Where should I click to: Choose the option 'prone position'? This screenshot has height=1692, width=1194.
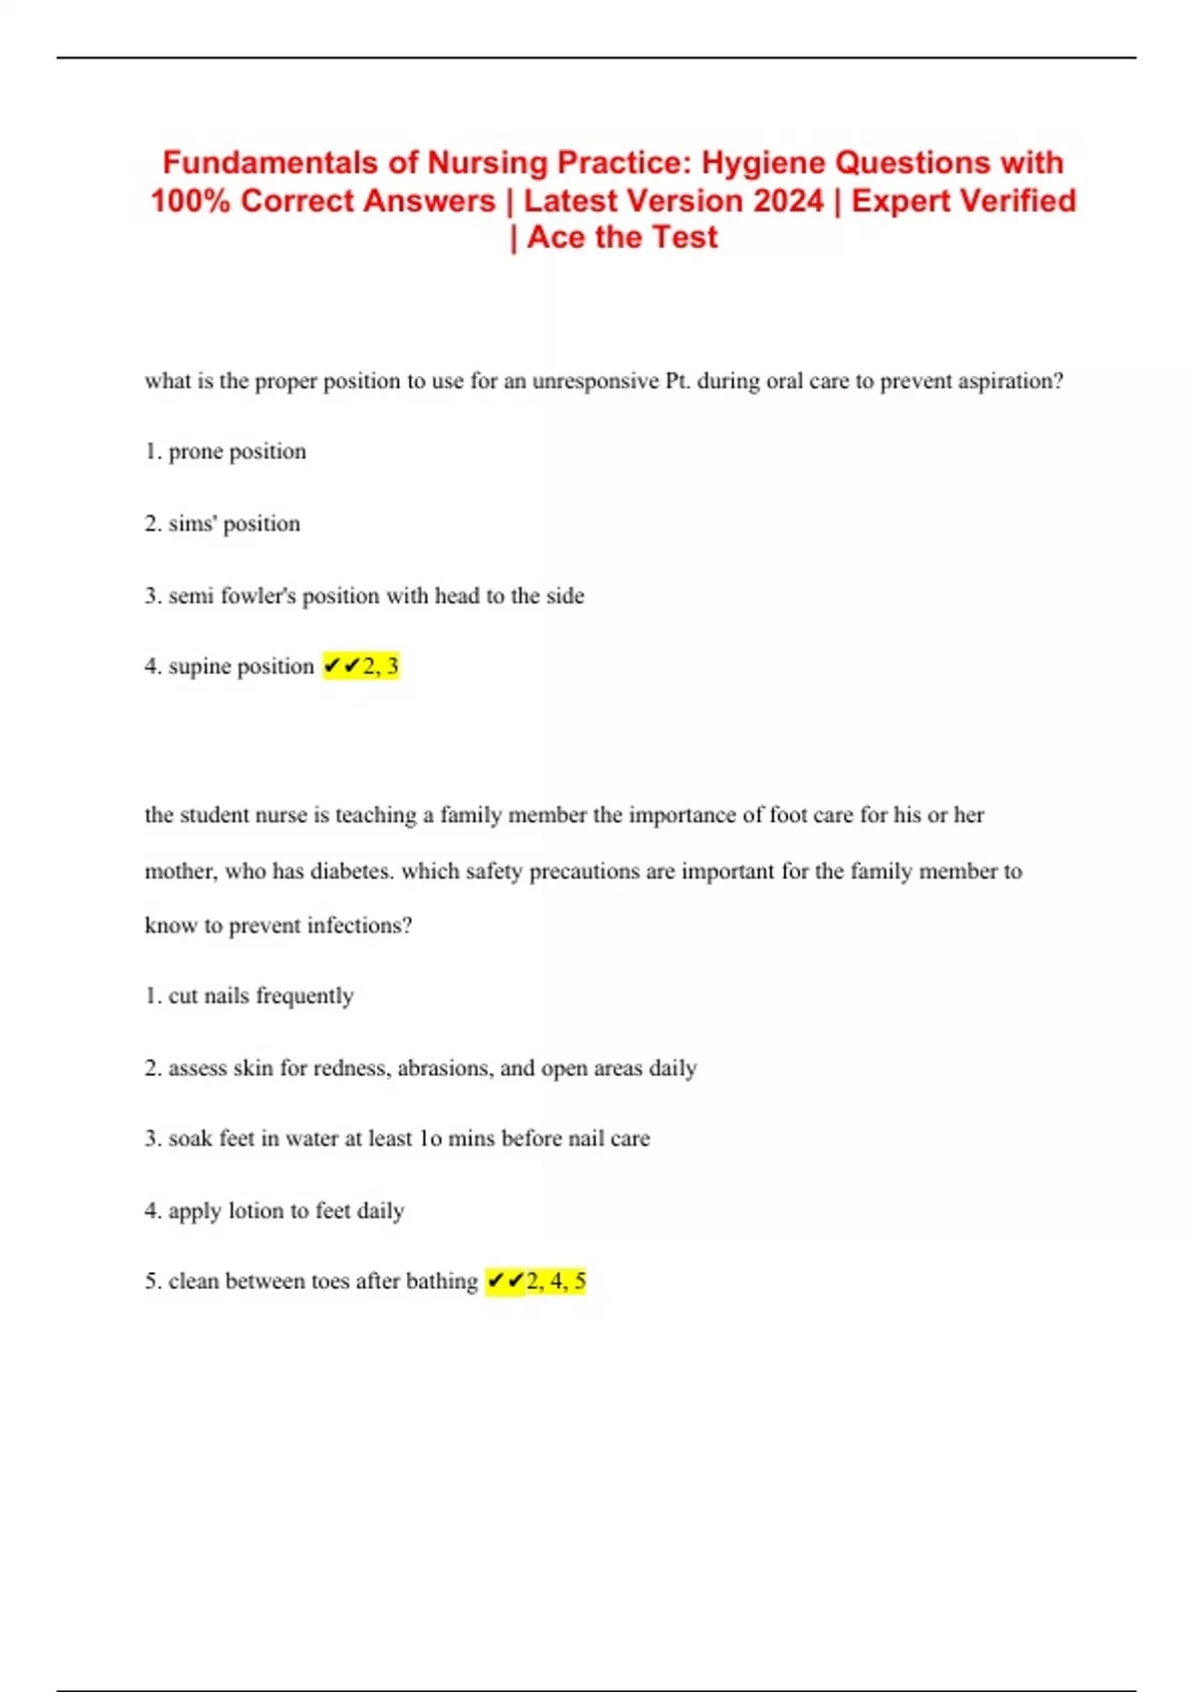point(237,452)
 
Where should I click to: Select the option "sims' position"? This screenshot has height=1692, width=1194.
point(234,524)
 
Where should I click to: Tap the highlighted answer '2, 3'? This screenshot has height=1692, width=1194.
point(380,666)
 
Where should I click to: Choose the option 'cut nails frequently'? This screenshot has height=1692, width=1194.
point(260,996)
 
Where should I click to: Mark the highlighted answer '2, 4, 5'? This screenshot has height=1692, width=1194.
point(555,1281)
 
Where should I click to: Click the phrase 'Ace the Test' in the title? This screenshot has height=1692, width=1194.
point(622,238)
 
